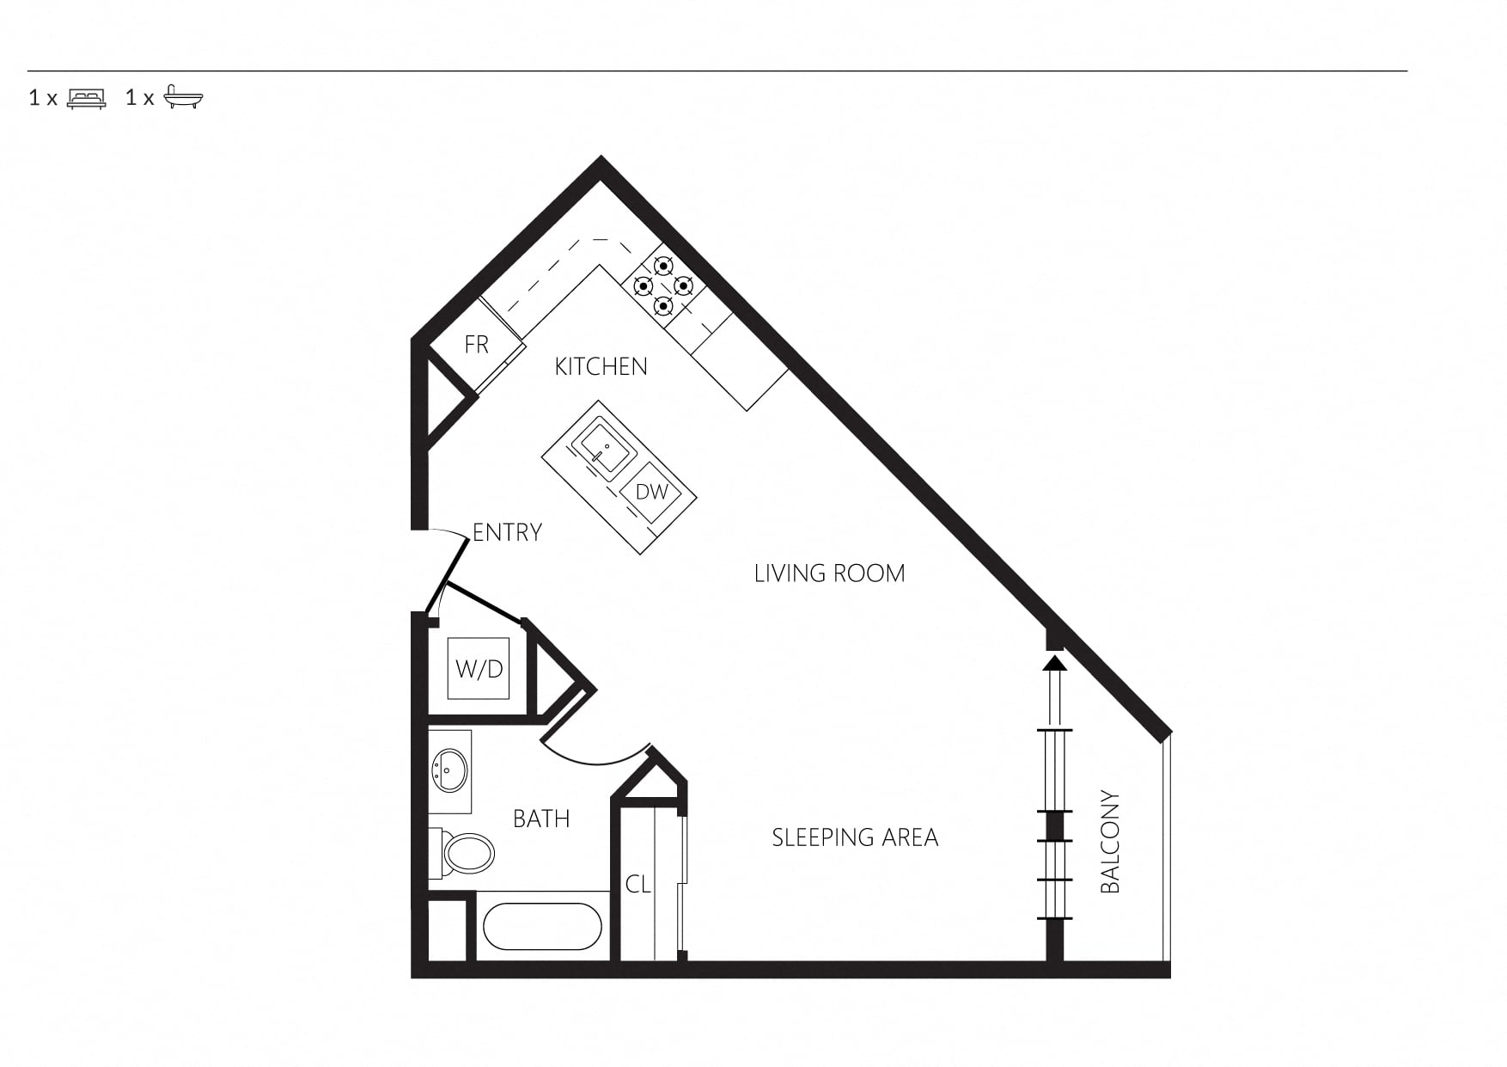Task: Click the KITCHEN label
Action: click(x=601, y=367)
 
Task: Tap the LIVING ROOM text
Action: click(x=829, y=573)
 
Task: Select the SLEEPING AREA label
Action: click(x=855, y=837)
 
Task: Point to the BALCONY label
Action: click(x=1110, y=842)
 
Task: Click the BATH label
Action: click(x=541, y=819)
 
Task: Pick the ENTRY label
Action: click(x=507, y=532)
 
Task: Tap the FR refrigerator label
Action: click(x=476, y=345)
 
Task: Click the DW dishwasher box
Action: click(x=652, y=492)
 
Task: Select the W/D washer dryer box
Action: click(x=479, y=668)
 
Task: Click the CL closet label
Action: click(x=638, y=884)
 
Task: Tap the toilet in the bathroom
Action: click(x=463, y=853)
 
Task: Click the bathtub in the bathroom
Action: click(x=542, y=926)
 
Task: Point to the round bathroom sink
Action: click(x=449, y=770)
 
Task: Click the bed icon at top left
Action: click(x=87, y=98)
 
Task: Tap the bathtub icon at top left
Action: click(x=183, y=97)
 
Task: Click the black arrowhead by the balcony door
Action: click(x=1054, y=663)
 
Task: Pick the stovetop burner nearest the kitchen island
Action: click(x=662, y=305)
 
